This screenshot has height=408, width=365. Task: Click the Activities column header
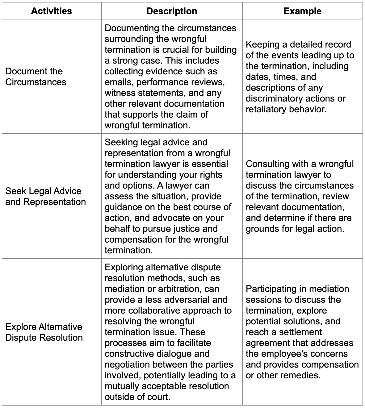click(x=51, y=11)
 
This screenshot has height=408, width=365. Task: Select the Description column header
click(x=172, y=11)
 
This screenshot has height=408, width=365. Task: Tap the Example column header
click(x=302, y=11)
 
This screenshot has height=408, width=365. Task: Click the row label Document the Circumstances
click(x=36, y=77)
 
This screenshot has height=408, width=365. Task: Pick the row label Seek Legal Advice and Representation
click(x=45, y=196)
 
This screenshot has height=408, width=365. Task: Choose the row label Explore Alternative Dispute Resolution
click(x=44, y=332)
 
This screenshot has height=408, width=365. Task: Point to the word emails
click(x=119, y=82)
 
